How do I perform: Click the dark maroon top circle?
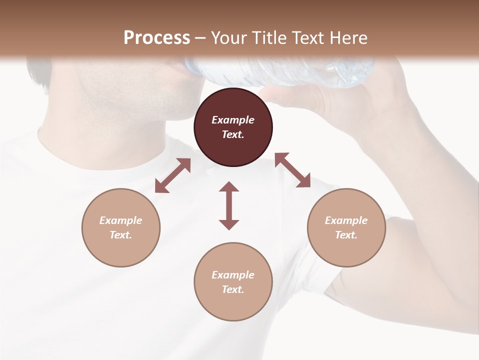[x=233, y=127]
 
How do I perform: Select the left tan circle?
[x=121, y=227]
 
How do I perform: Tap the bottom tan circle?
[x=233, y=281]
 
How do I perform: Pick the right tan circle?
[x=346, y=227]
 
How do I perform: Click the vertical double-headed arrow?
[x=229, y=205]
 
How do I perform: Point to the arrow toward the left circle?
[x=173, y=175]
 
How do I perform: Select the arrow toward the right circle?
[x=292, y=170]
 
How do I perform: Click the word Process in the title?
[x=157, y=37]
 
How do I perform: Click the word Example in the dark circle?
[x=233, y=120]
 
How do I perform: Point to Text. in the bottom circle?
[x=233, y=289]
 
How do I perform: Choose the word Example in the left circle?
[x=121, y=220]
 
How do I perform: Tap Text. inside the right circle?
[x=346, y=235]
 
